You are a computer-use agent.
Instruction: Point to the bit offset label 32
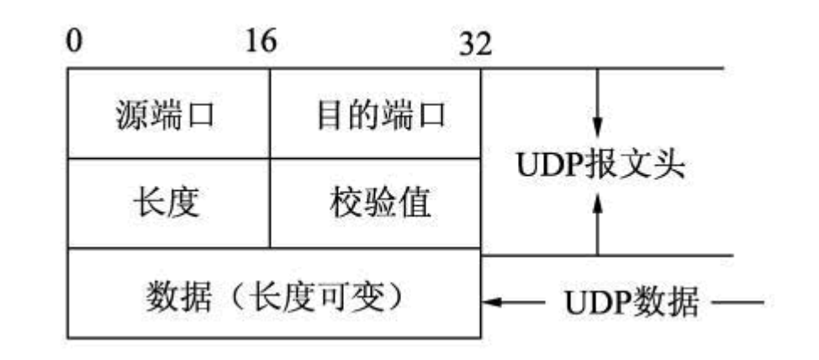475,44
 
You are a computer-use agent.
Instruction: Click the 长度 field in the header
166,203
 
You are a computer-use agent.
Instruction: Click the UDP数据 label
630,301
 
